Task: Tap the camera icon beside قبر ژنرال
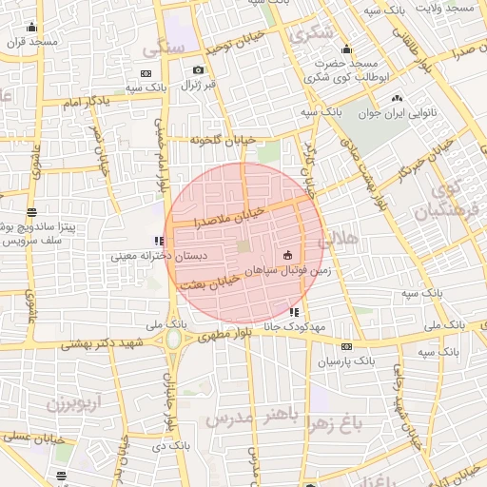198,69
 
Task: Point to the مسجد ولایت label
451,8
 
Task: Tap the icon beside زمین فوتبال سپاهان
288,254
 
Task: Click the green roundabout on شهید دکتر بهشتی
173,339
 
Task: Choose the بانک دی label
173,445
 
